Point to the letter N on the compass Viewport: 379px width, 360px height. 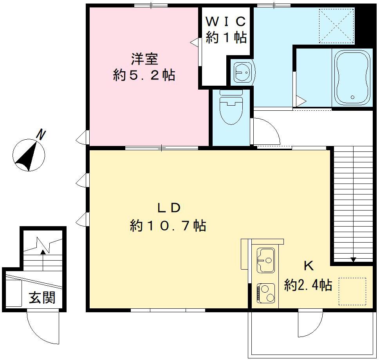[41, 135]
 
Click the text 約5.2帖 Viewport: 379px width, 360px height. [144, 75]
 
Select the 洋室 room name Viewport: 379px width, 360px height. [144, 59]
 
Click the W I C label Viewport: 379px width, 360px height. [226, 20]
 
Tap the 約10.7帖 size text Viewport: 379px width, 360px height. [168, 226]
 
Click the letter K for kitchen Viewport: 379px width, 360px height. [309, 266]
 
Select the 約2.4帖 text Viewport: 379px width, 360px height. [308, 285]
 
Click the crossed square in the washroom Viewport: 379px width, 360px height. [337, 25]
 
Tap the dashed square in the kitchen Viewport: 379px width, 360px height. [352, 291]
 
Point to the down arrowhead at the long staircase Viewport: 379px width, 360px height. [354, 259]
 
